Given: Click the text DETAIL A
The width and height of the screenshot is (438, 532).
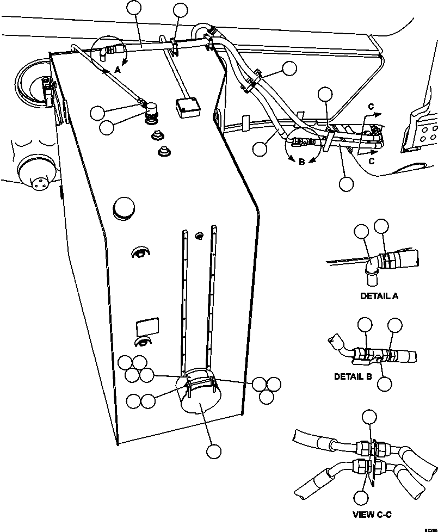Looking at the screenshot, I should [x=379, y=296].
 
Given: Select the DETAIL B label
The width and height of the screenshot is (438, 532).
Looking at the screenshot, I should [x=353, y=376].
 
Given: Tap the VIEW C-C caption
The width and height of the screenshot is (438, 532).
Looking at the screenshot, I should [x=372, y=515].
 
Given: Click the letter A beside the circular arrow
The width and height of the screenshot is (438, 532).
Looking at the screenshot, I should [x=117, y=70].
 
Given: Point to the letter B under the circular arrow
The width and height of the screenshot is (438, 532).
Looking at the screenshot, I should [x=301, y=161].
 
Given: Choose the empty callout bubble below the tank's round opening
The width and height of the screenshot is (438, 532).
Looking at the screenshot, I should [x=213, y=451].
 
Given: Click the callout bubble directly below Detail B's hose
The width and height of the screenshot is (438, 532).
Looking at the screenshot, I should [x=384, y=383].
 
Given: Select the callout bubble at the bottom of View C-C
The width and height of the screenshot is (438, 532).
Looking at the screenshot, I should [x=361, y=497].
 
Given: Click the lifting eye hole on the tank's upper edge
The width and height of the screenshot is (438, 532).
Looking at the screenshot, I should [x=217, y=116].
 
